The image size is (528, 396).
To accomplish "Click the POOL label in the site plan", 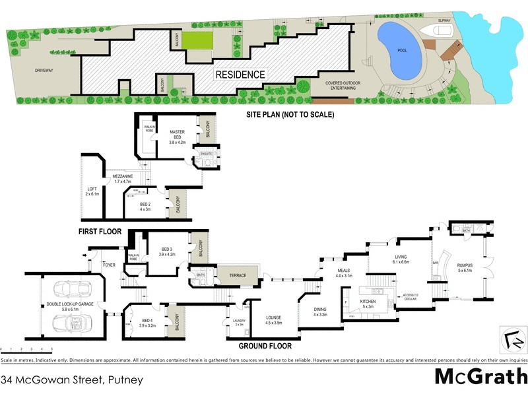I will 402,49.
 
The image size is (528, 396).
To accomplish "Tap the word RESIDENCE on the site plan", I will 240,75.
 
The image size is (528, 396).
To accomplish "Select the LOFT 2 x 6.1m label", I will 92,191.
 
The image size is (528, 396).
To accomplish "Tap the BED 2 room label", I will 145,207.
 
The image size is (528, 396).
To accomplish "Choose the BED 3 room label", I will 166,251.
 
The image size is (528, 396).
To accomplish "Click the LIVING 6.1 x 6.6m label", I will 401,259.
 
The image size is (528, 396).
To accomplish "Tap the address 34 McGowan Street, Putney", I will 63,380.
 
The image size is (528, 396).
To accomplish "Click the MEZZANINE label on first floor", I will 123,179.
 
